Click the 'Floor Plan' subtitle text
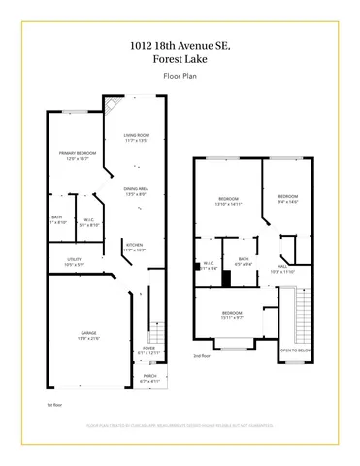180,74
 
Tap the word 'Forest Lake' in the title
180,57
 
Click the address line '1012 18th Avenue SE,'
180,43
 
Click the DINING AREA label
136,191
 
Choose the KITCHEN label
135,247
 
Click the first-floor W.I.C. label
89,219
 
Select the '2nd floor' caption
201,356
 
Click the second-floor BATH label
244,260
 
